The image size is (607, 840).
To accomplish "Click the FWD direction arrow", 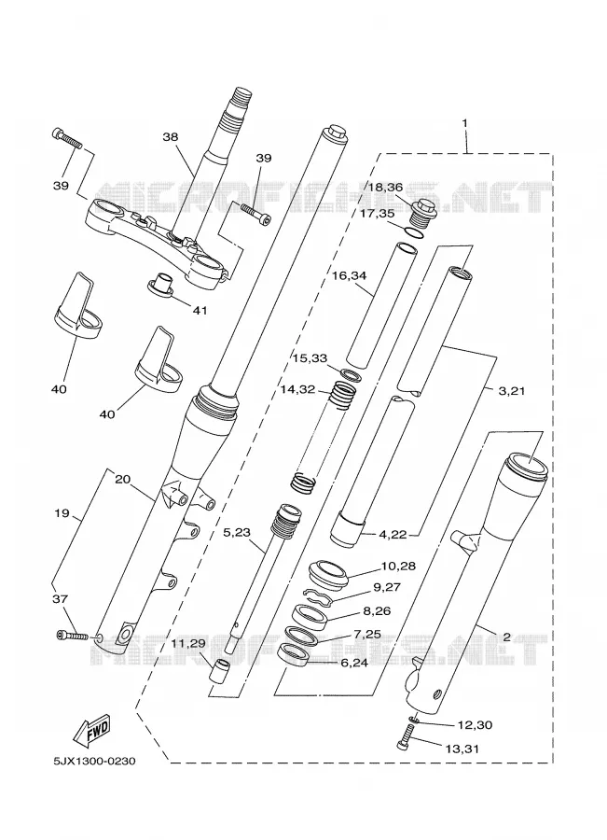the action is pyautogui.click(x=91, y=731).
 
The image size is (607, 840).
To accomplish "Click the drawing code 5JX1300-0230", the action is pyautogui.click(x=94, y=762).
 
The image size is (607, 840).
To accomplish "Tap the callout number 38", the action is pyautogui.click(x=171, y=136).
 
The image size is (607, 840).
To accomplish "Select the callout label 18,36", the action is pyautogui.click(x=385, y=187).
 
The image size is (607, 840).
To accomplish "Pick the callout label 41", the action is pyautogui.click(x=200, y=310).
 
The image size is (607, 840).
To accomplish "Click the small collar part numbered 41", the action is pyautogui.click(x=161, y=285).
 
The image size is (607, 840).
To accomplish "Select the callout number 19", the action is pyautogui.click(x=62, y=513).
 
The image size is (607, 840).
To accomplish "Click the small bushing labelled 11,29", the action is pyautogui.click(x=218, y=672).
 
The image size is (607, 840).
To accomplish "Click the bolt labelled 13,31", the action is pyautogui.click(x=407, y=736).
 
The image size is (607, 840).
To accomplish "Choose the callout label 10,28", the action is pyautogui.click(x=398, y=566).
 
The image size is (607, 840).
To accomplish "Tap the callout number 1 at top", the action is pyautogui.click(x=464, y=123).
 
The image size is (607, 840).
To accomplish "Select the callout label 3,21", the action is pyautogui.click(x=511, y=390).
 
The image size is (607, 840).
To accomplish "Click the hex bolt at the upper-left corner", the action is pyautogui.click(x=67, y=139).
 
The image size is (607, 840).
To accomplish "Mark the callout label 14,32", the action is pyautogui.click(x=297, y=389).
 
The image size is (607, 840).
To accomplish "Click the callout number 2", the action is pyautogui.click(x=506, y=637).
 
